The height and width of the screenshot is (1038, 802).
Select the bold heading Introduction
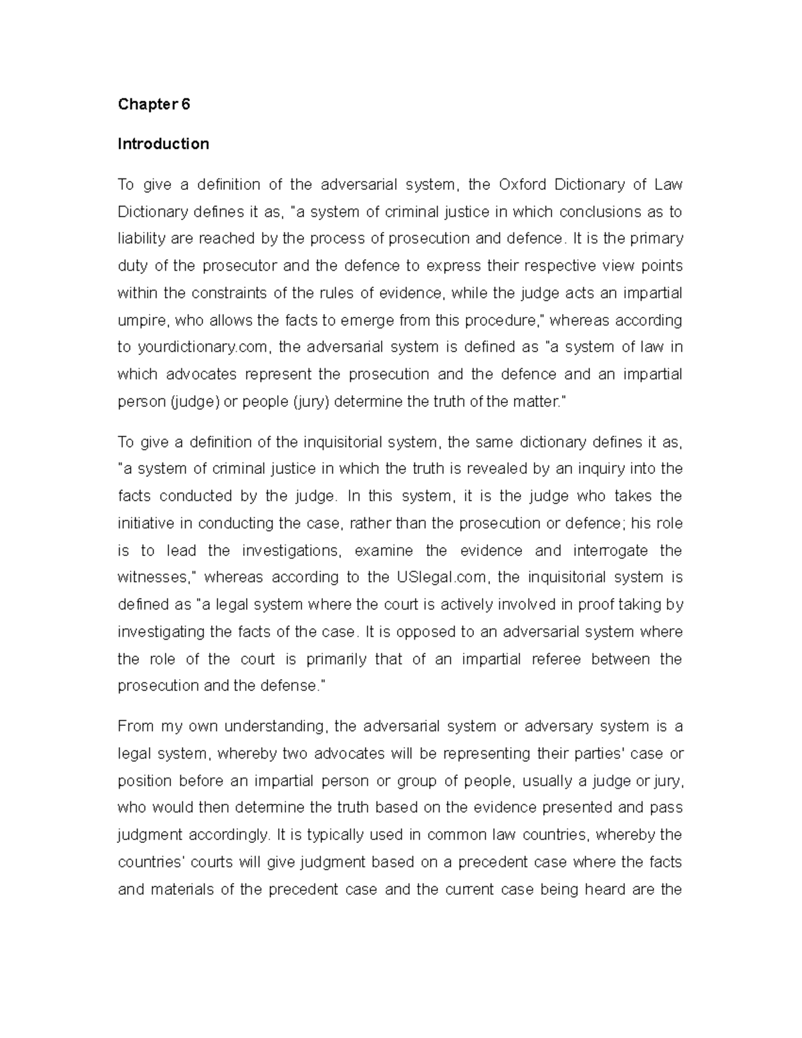coord(163,144)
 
